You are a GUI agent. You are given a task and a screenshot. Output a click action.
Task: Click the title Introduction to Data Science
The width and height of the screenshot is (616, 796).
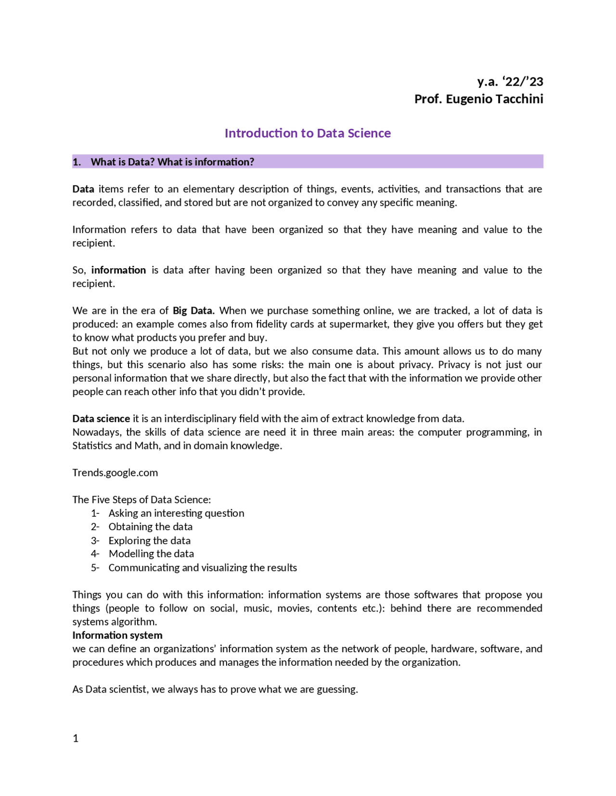(x=308, y=133)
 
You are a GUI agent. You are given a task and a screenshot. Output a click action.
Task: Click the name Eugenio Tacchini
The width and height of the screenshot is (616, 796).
(x=494, y=99)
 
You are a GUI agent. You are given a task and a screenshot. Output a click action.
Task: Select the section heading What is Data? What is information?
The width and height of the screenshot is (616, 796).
(x=172, y=162)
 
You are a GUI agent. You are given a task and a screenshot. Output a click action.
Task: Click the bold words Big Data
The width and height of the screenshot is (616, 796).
(x=193, y=311)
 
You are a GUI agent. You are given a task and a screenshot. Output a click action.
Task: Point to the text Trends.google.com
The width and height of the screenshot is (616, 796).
(x=115, y=473)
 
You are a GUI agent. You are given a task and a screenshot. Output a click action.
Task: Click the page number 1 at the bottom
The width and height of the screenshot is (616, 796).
(x=76, y=738)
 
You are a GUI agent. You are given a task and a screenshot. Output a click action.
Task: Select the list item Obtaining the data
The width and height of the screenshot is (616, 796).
(x=150, y=527)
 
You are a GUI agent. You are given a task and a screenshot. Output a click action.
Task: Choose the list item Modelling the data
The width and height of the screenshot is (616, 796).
(x=151, y=554)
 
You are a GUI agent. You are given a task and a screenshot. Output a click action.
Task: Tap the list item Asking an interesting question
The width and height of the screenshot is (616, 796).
(x=176, y=513)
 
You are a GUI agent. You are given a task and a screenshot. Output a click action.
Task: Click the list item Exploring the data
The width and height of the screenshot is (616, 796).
(x=149, y=540)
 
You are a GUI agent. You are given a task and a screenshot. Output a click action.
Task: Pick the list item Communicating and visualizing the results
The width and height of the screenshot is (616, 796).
(x=203, y=568)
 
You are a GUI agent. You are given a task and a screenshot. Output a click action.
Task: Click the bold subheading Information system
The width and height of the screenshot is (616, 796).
(x=117, y=635)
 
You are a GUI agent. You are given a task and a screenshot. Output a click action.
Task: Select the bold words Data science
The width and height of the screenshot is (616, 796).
(x=101, y=419)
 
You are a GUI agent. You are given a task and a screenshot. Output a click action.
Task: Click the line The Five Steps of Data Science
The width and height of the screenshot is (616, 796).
(x=141, y=499)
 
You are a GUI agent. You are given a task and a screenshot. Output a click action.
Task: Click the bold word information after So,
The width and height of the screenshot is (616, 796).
(x=118, y=270)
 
